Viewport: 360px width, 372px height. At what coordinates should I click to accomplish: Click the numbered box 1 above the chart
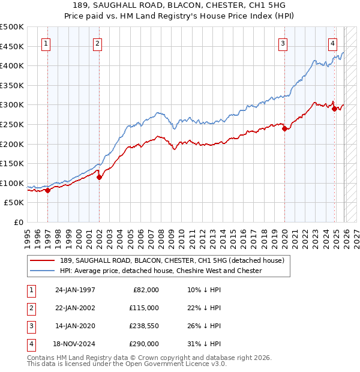pyautogui.click(x=47, y=43)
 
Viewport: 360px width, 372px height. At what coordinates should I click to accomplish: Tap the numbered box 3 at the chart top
pyautogui.click(x=283, y=43)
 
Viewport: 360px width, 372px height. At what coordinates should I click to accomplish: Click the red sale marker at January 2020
pyautogui.click(x=284, y=128)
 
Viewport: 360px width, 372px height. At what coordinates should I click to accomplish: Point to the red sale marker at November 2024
pyautogui.click(x=334, y=109)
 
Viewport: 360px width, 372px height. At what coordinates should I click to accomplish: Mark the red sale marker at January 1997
pyautogui.click(x=47, y=190)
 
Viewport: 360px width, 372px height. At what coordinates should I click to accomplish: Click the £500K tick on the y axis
pyautogui.click(x=12, y=27)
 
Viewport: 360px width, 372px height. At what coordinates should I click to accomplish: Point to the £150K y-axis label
pyautogui.click(x=12, y=163)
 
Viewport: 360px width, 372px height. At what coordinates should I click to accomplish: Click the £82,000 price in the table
pyautogui.click(x=145, y=289)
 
